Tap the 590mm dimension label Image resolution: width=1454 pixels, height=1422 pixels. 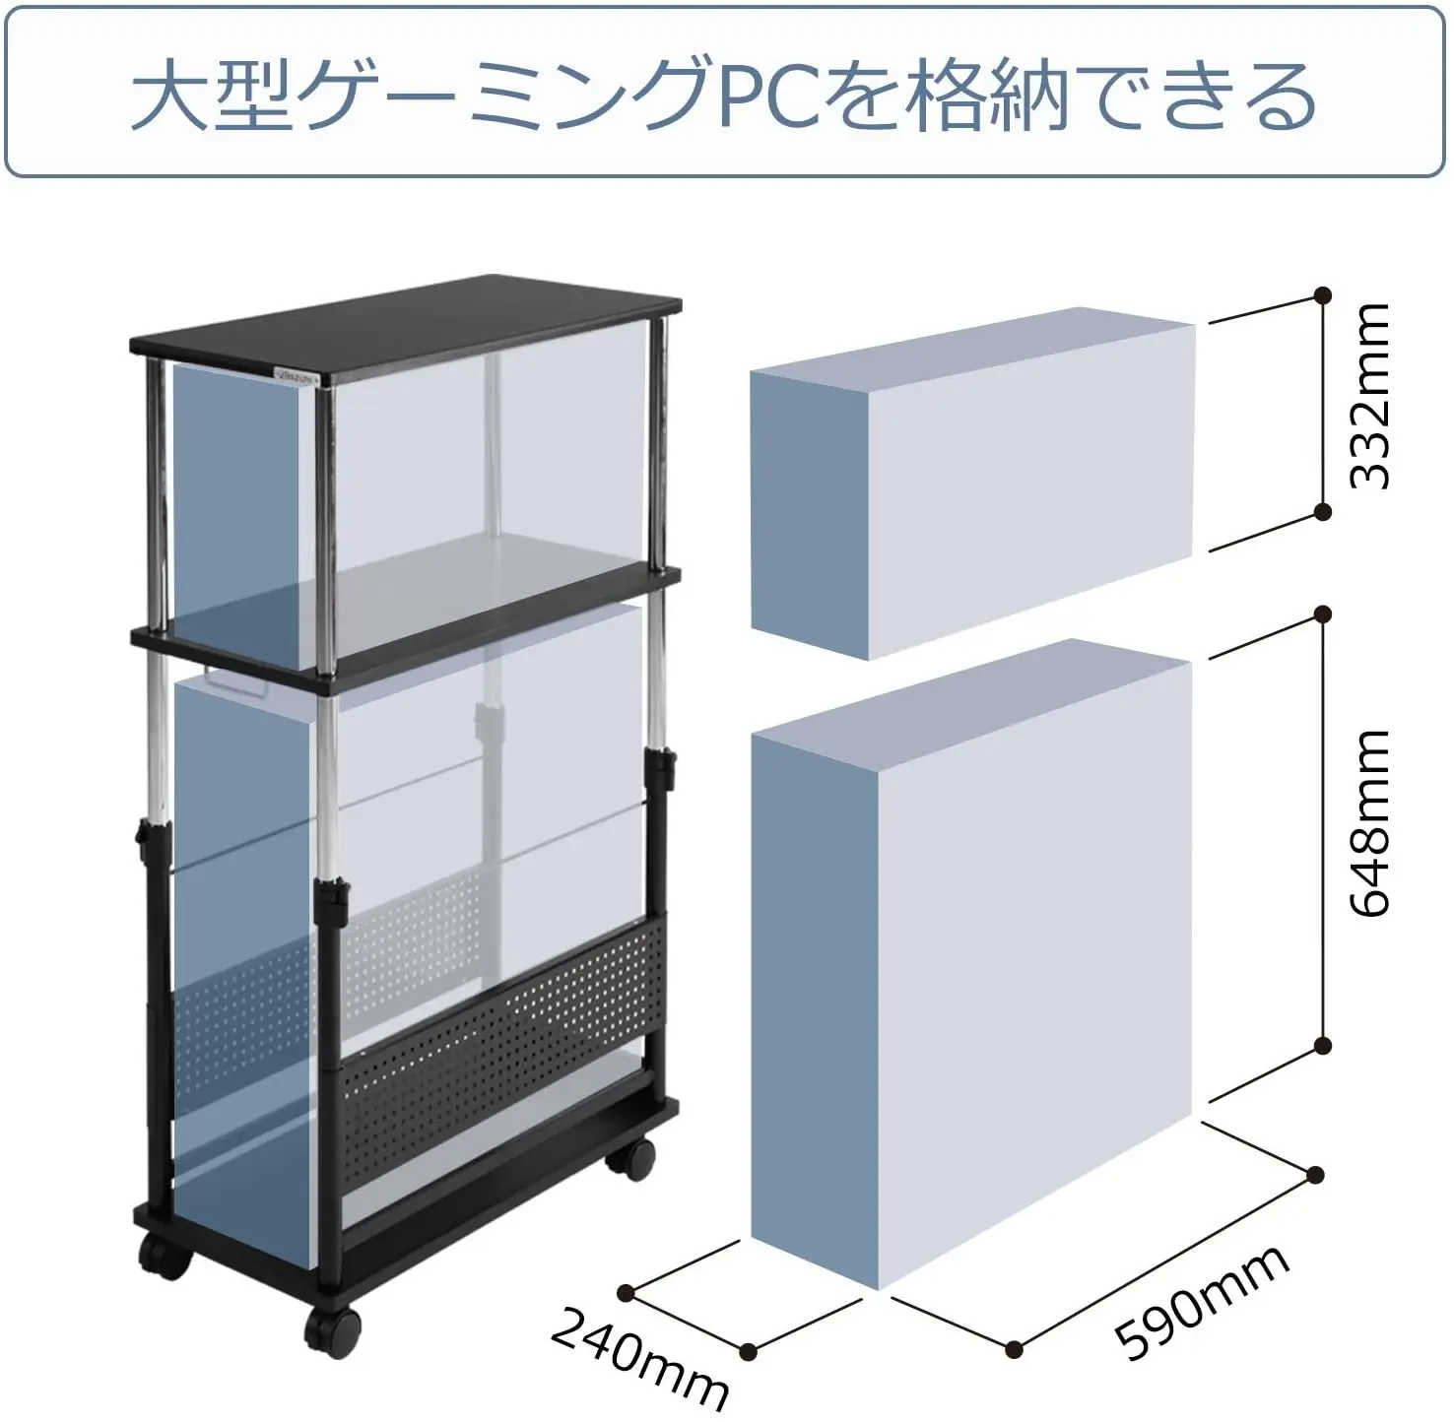pos(1202,1302)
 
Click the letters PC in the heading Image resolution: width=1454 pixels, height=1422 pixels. pos(769,96)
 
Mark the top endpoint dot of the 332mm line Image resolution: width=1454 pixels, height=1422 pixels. pos(1323,295)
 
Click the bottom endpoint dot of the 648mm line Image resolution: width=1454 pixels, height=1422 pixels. pos(1323,1045)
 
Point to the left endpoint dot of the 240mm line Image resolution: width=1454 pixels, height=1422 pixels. pos(627,1292)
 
